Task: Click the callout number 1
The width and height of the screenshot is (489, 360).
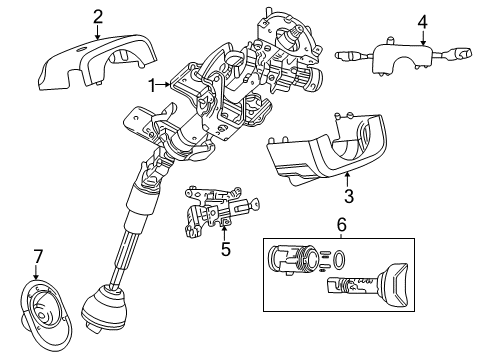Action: coord(152,86)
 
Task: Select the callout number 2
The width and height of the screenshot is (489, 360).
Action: coord(97,15)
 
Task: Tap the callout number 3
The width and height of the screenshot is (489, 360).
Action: coord(348,195)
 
